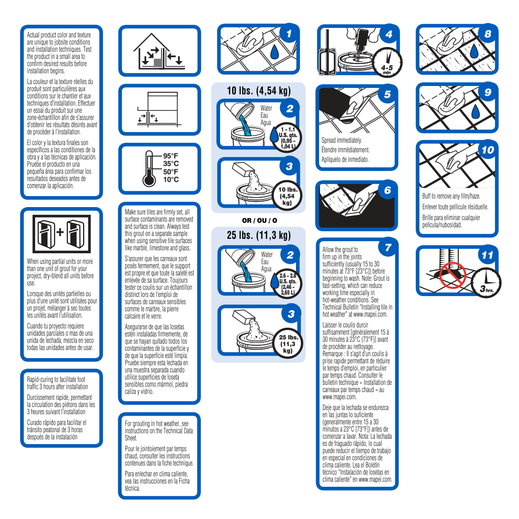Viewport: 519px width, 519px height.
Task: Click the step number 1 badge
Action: coord(288,34)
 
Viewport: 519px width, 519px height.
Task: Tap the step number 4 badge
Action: coord(389,34)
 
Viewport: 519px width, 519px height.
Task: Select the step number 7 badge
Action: coord(388,247)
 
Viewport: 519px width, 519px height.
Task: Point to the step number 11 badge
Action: coord(487,255)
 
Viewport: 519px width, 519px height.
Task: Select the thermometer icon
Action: coord(149,168)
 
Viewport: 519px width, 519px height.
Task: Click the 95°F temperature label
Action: coord(171,156)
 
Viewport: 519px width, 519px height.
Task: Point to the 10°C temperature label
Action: coord(171,180)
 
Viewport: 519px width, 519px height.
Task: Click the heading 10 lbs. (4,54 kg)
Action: coord(259,91)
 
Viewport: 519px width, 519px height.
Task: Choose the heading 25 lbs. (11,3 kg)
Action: coord(259,235)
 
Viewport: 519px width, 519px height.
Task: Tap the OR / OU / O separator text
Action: coord(259,221)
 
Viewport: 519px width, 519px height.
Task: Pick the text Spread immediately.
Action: coord(342,140)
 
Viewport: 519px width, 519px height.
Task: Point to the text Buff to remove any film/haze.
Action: coord(451,197)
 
